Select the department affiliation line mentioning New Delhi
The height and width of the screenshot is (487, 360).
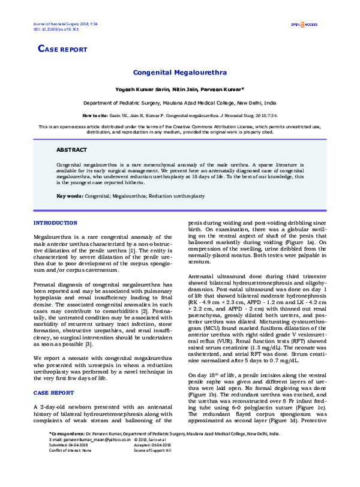(x=179, y=103)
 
